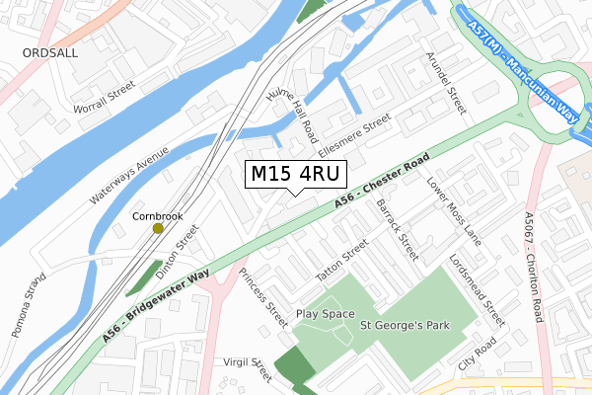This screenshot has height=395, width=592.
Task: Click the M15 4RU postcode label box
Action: click(295, 175)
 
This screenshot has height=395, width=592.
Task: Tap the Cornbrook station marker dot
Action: click(158, 228)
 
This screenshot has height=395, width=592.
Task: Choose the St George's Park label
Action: click(404, 324)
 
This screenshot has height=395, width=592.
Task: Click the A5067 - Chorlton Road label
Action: click(534, 266)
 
